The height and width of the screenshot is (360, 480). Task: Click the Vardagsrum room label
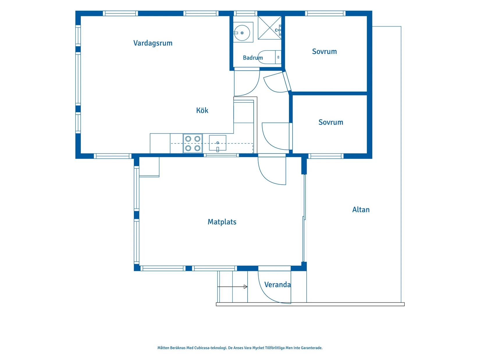coord(153,43)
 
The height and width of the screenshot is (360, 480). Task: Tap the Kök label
coord(202,111)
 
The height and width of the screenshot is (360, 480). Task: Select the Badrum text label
coord(253,58)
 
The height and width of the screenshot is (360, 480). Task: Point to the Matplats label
coord(222,222)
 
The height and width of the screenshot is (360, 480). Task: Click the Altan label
coord(361,210)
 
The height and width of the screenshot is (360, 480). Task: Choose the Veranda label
coord(277,285)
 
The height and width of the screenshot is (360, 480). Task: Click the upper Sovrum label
coord(324,51)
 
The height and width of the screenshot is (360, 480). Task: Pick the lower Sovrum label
coord(330,122)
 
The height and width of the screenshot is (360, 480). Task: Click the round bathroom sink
coord(242,33)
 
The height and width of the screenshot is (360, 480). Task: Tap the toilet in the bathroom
coord(269,57)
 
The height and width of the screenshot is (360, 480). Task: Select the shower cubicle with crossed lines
coord(269,28)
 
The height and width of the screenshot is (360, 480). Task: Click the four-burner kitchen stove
coord(193,143)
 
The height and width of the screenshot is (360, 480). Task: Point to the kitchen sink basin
coord(217,143)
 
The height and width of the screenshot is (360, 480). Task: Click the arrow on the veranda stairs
coord(232,286)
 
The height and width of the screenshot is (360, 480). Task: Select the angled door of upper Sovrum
coord(287,81)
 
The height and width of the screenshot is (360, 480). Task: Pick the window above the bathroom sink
coord(245,14)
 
